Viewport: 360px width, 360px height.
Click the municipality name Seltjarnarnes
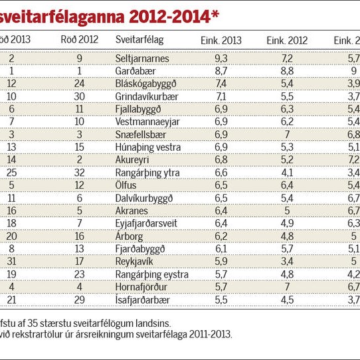click(x=142, y=58)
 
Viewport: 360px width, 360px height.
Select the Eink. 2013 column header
click(x=221, y=41)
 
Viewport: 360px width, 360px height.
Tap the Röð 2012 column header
click(x=79, y=39)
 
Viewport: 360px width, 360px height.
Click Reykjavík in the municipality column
click(x=136, y=261)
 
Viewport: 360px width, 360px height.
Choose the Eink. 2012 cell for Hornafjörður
click(x=288, y=286)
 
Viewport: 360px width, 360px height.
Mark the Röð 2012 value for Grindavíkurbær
click(x=79, y=96)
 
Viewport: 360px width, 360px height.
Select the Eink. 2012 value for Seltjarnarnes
click(x=288, y=58)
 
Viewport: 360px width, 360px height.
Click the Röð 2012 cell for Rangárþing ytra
click(x=79, y=172)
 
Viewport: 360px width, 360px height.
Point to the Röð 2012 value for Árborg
click(x=79, y=236)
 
